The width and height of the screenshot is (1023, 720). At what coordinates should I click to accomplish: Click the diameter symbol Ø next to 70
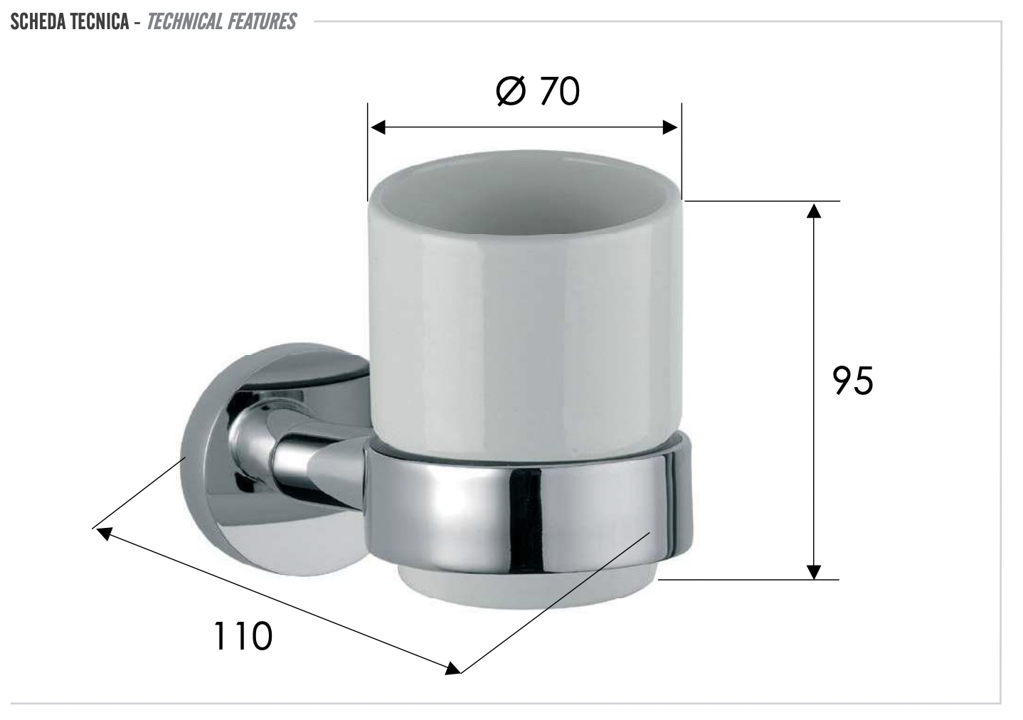coord(511,92)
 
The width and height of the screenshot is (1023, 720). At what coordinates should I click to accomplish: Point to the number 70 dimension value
coord(560,92)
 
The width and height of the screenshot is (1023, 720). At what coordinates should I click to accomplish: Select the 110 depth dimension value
coord(243,635)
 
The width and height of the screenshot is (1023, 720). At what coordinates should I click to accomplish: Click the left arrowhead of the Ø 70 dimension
coord(377,127)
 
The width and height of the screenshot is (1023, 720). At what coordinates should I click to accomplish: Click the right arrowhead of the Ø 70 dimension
coord(670,127)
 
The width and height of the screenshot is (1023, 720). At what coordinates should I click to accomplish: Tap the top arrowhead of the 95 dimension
coord(814,210)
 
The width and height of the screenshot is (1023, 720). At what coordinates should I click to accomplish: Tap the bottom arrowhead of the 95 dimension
coord(814,571)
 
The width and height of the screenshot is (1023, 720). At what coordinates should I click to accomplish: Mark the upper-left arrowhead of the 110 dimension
coord(104,533)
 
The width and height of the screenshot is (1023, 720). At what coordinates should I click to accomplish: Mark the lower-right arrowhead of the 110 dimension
coord(451,668)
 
